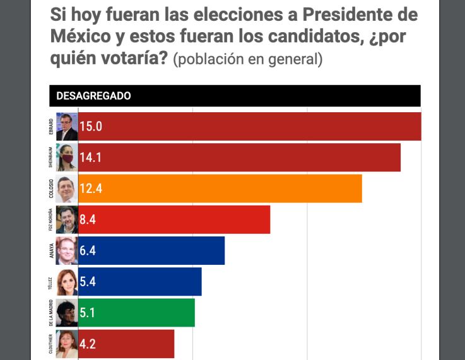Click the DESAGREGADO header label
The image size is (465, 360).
click(x=93, y=96)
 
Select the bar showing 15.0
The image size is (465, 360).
click(x=249, y=126)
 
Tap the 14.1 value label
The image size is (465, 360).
click(x=90, y=158)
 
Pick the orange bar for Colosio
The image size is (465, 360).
click(x=220, y=189)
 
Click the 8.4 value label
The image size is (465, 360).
click(x=88, y=220)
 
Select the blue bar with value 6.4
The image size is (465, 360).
click(x=151, y=251)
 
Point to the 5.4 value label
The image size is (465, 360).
click(x=88, y=282)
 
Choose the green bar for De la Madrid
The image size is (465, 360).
click(x=136, y=313)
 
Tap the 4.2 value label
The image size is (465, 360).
click(x=88, y=344)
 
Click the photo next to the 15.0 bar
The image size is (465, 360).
click(x=67, y=126)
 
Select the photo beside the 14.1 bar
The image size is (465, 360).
click(x=67, y=158)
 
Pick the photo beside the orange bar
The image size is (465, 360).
click(x=67, y=189)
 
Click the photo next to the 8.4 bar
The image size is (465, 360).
click(x=67, y=220)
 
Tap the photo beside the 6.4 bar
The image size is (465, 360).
click(x=67, y=251)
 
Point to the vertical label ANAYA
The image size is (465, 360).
click(x=51, y=251)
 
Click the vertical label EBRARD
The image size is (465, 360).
click(x=51, y=126)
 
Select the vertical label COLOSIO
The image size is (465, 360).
click(x=51, y=189)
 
